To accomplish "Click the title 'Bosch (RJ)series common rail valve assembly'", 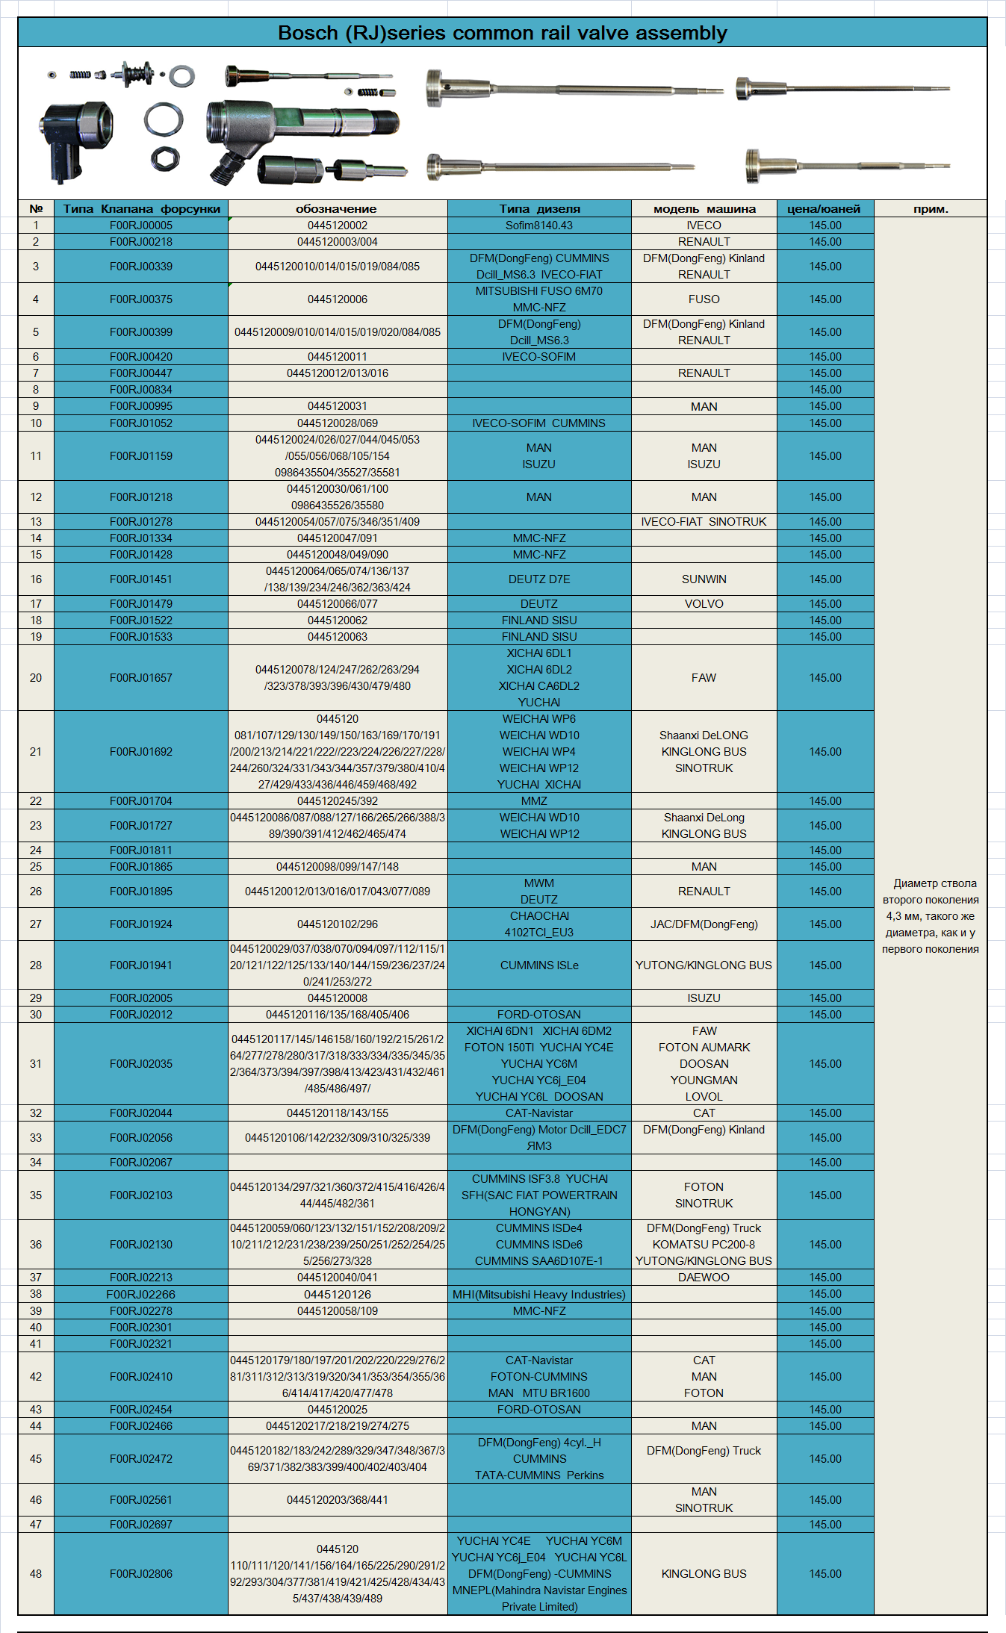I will [x=502, y=33].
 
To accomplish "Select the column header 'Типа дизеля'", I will [x=539, y=209].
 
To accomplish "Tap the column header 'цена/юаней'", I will [x=824, y=209].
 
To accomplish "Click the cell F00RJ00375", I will [x=140, y=299].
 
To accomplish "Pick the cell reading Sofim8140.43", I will [x=539, y=225].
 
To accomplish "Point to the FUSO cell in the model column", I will [x=704, y=299].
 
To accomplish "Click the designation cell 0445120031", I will [x=337, y=406].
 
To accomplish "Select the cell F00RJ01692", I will [x=140, y=752].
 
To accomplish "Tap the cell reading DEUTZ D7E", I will [x=539, y=579].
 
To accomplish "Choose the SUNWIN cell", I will [x=704, y=579].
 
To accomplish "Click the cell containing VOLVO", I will [x=704, y=604].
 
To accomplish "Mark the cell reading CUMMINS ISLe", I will [x=539, y=965].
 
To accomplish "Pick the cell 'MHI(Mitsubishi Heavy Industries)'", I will [x=539, y=1295].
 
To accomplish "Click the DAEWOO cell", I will [x=704, y=1278].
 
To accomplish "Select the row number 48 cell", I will [x=36, y=1574].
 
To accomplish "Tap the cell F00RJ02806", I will [x=140, y=1574].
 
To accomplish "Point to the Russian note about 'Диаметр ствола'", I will [x=931, y=916].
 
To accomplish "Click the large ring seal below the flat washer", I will [x=164, y=119].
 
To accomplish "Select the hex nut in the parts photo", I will [x=164, y=158].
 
